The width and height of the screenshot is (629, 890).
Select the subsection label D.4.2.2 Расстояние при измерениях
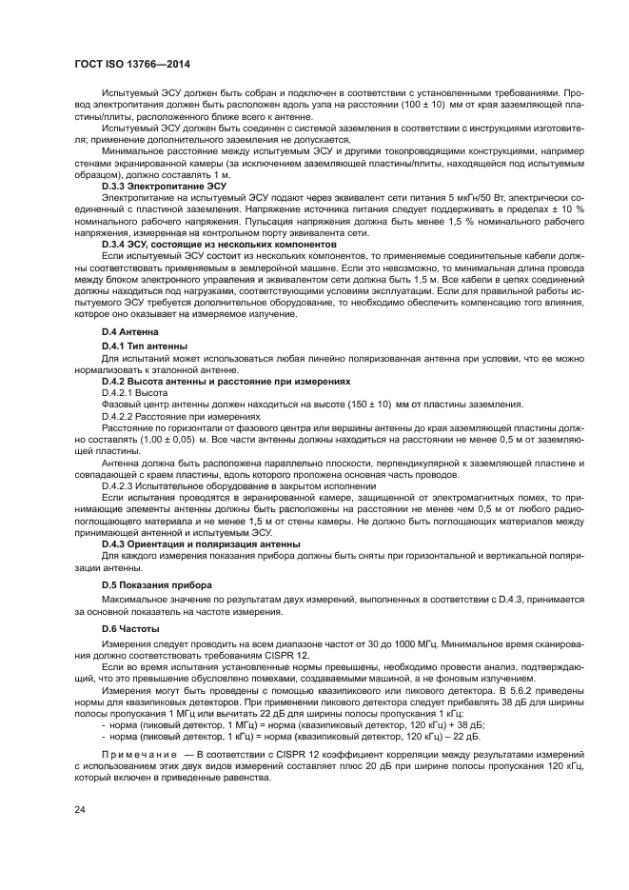tap(181, 416)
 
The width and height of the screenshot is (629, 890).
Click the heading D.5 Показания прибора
tap(157, 583)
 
